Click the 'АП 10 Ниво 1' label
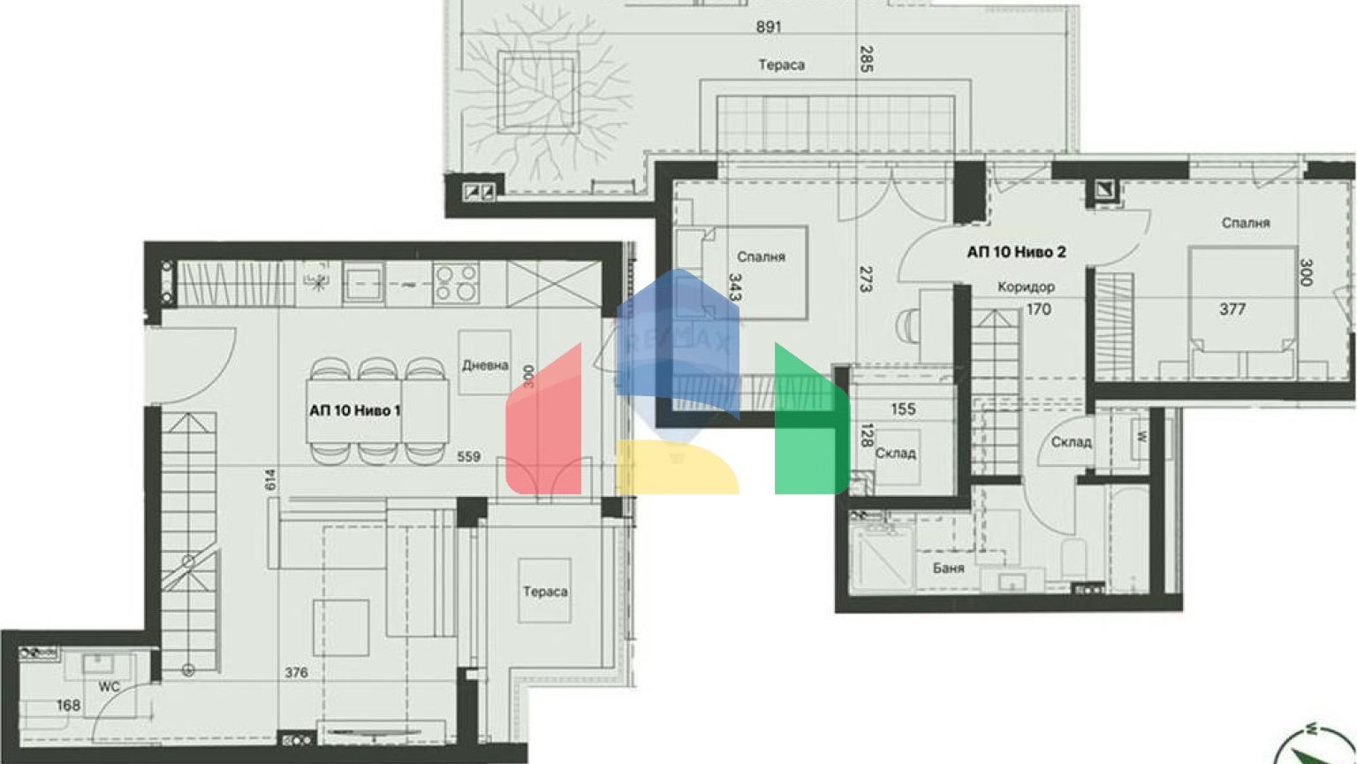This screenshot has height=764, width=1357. [355, 410]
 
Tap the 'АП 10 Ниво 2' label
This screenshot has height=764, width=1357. [1016, 252]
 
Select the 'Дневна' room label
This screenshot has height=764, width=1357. [484, 364]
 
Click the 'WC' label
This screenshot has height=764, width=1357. [109, 686]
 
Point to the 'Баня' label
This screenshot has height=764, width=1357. [948, 568]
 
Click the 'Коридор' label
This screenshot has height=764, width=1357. [1026, 287]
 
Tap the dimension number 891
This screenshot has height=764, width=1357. [769, 27]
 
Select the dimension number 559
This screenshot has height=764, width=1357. [468, 456]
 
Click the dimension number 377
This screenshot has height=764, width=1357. [1232, 309]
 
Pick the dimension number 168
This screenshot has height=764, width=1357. [68, 705]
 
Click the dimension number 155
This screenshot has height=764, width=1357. [903, 409]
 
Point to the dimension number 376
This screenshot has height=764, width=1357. [296, 673]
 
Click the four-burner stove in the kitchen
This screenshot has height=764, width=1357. [456, 284]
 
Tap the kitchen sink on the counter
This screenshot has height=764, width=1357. [362, 284]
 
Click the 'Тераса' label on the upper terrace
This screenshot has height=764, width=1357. [781, 65]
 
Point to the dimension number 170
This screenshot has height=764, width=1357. [1038, 309]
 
